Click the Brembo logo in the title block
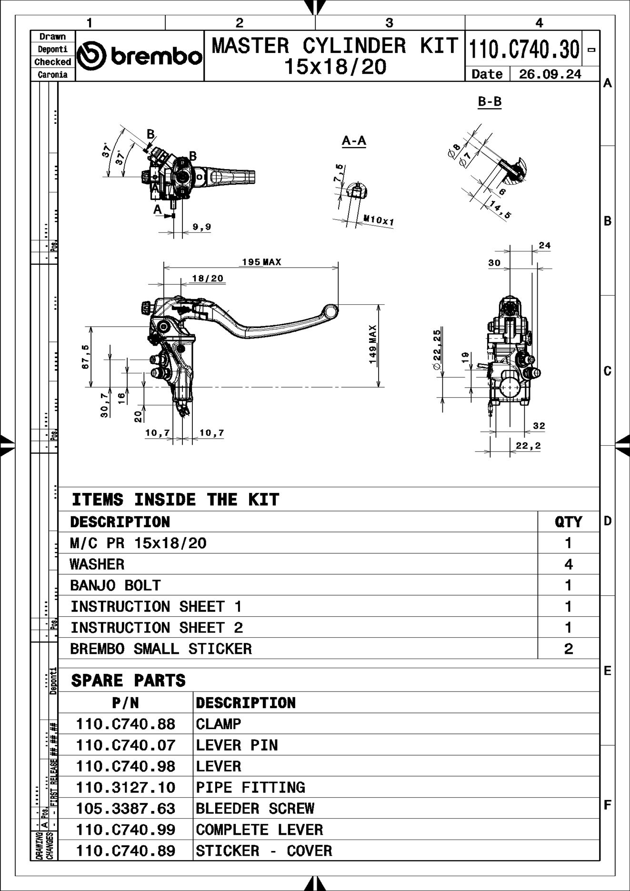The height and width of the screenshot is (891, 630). (140, 56)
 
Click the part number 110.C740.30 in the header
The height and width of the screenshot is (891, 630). (524, 49)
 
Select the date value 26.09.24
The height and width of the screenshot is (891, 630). (550, 74)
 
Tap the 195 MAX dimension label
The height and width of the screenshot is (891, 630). (261, 262)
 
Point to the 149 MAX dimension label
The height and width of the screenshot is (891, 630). (373, 344)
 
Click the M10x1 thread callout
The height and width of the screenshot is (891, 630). (379, 220)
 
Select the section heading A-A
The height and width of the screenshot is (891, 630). (354, 140)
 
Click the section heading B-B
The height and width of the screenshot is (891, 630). (490, 101)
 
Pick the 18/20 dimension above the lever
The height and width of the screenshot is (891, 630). (208, 278)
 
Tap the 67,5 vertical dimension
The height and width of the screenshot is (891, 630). (86, 357)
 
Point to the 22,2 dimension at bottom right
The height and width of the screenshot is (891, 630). (528, 446)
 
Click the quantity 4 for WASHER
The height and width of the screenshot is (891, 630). (568, 564)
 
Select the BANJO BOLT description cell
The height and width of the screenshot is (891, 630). (115, 585)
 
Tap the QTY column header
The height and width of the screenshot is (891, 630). (568, 522)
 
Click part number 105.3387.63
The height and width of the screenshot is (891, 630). (126, 809)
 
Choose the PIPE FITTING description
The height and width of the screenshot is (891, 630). (250, 787)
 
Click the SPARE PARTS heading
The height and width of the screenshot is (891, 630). (128, 681)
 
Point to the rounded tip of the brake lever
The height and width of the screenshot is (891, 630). (330, 311)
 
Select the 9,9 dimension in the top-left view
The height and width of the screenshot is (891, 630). (202, 227)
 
